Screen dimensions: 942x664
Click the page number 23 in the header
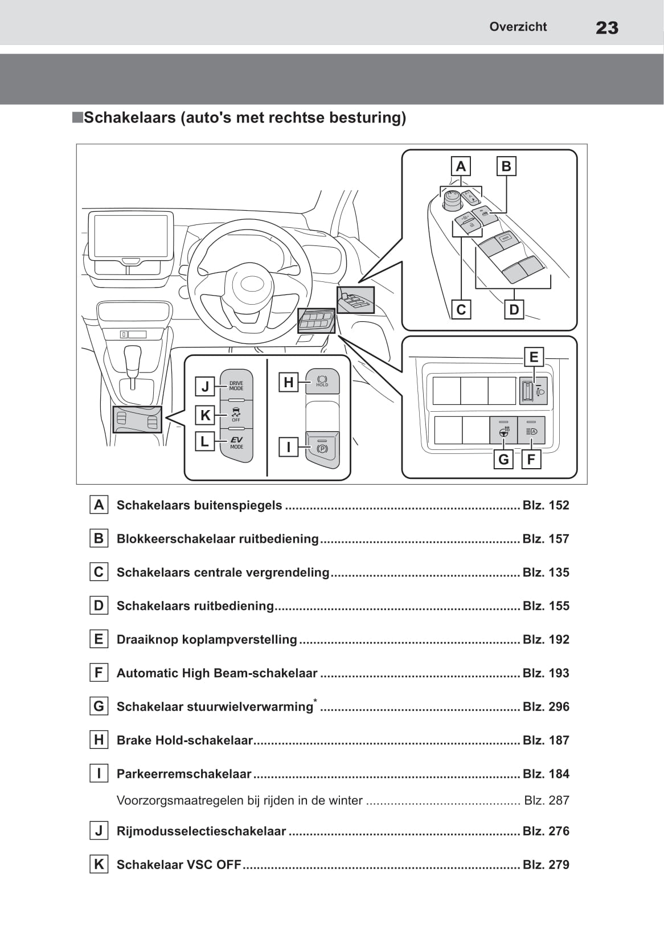tap(606, 28)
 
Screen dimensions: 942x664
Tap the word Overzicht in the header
tap(518, 27)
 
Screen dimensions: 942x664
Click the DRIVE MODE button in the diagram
tap(236, 386)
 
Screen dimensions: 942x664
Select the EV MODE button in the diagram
tap(236, 443)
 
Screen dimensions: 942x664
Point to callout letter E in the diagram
tap(534, 357)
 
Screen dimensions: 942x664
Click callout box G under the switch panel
tap(503, 459)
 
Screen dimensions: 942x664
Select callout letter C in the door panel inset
tap(461, 310)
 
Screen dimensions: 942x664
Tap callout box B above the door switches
tap(506, 166)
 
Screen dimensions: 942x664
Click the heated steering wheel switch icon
tap(503, 431)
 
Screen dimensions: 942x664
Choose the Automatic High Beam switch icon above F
tap(531, 431)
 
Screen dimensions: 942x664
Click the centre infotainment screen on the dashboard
tap(130, 235)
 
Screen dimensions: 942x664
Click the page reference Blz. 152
tap(546, 505)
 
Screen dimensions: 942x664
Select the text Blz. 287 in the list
tap(546, 800)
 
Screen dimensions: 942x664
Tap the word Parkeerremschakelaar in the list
tap(184, 774)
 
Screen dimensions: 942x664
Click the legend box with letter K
tap(99, 865)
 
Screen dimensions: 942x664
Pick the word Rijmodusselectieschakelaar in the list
tap(201, 831)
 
